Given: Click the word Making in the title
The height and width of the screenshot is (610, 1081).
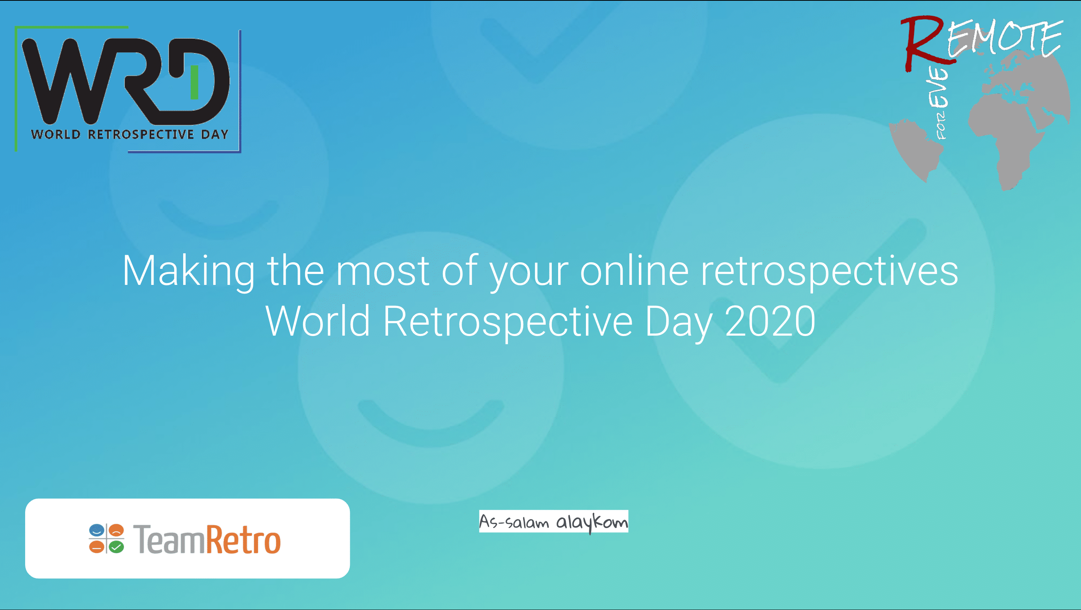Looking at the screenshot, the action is [x=189, y=271].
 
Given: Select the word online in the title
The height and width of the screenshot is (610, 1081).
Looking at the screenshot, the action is [x=634, y=271].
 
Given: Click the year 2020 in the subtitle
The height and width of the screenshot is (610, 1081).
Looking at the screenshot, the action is [x=771, y=321].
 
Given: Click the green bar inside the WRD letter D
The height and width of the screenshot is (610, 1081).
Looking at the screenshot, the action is [x=194, y=82].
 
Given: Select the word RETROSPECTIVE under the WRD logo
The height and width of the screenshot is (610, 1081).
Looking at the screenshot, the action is [x=141, y=135].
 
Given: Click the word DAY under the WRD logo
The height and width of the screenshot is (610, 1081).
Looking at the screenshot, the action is [x=214, y=135].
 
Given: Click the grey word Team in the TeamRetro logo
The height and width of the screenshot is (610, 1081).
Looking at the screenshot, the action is [x=170, y=539].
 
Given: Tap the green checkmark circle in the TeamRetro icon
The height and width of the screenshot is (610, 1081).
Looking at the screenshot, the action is [x=116, y=546].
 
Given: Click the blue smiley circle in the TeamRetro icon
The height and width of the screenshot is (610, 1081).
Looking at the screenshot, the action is [x=96, y=531].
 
